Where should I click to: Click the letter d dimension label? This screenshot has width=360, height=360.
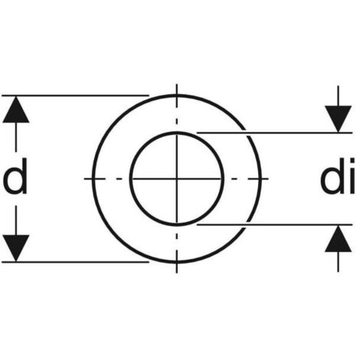15,176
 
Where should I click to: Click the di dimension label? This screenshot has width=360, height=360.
338,176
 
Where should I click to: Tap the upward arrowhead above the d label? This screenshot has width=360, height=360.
16,110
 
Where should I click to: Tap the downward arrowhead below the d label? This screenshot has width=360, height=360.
16,248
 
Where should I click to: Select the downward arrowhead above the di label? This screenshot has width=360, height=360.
339,119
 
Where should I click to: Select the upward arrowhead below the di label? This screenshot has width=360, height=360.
339,238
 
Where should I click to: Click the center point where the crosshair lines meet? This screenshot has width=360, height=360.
177,178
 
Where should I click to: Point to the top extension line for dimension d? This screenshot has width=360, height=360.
76,96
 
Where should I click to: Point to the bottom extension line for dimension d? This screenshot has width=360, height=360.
76,262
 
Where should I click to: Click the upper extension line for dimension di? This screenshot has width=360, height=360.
274,133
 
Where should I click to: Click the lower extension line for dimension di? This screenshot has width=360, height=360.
274,224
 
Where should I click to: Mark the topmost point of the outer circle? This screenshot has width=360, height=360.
177,96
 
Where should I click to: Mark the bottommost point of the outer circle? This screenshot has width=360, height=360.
177,262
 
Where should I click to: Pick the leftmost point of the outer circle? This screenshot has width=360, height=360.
93,178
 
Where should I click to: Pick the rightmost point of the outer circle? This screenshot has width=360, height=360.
260,178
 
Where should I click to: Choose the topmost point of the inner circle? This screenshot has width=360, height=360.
177,133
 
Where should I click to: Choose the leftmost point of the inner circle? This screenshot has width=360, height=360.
131,178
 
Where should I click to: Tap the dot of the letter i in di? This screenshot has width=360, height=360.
352,162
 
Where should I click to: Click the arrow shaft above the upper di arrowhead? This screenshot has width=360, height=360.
339,96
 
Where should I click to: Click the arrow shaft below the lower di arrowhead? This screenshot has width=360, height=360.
339,262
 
